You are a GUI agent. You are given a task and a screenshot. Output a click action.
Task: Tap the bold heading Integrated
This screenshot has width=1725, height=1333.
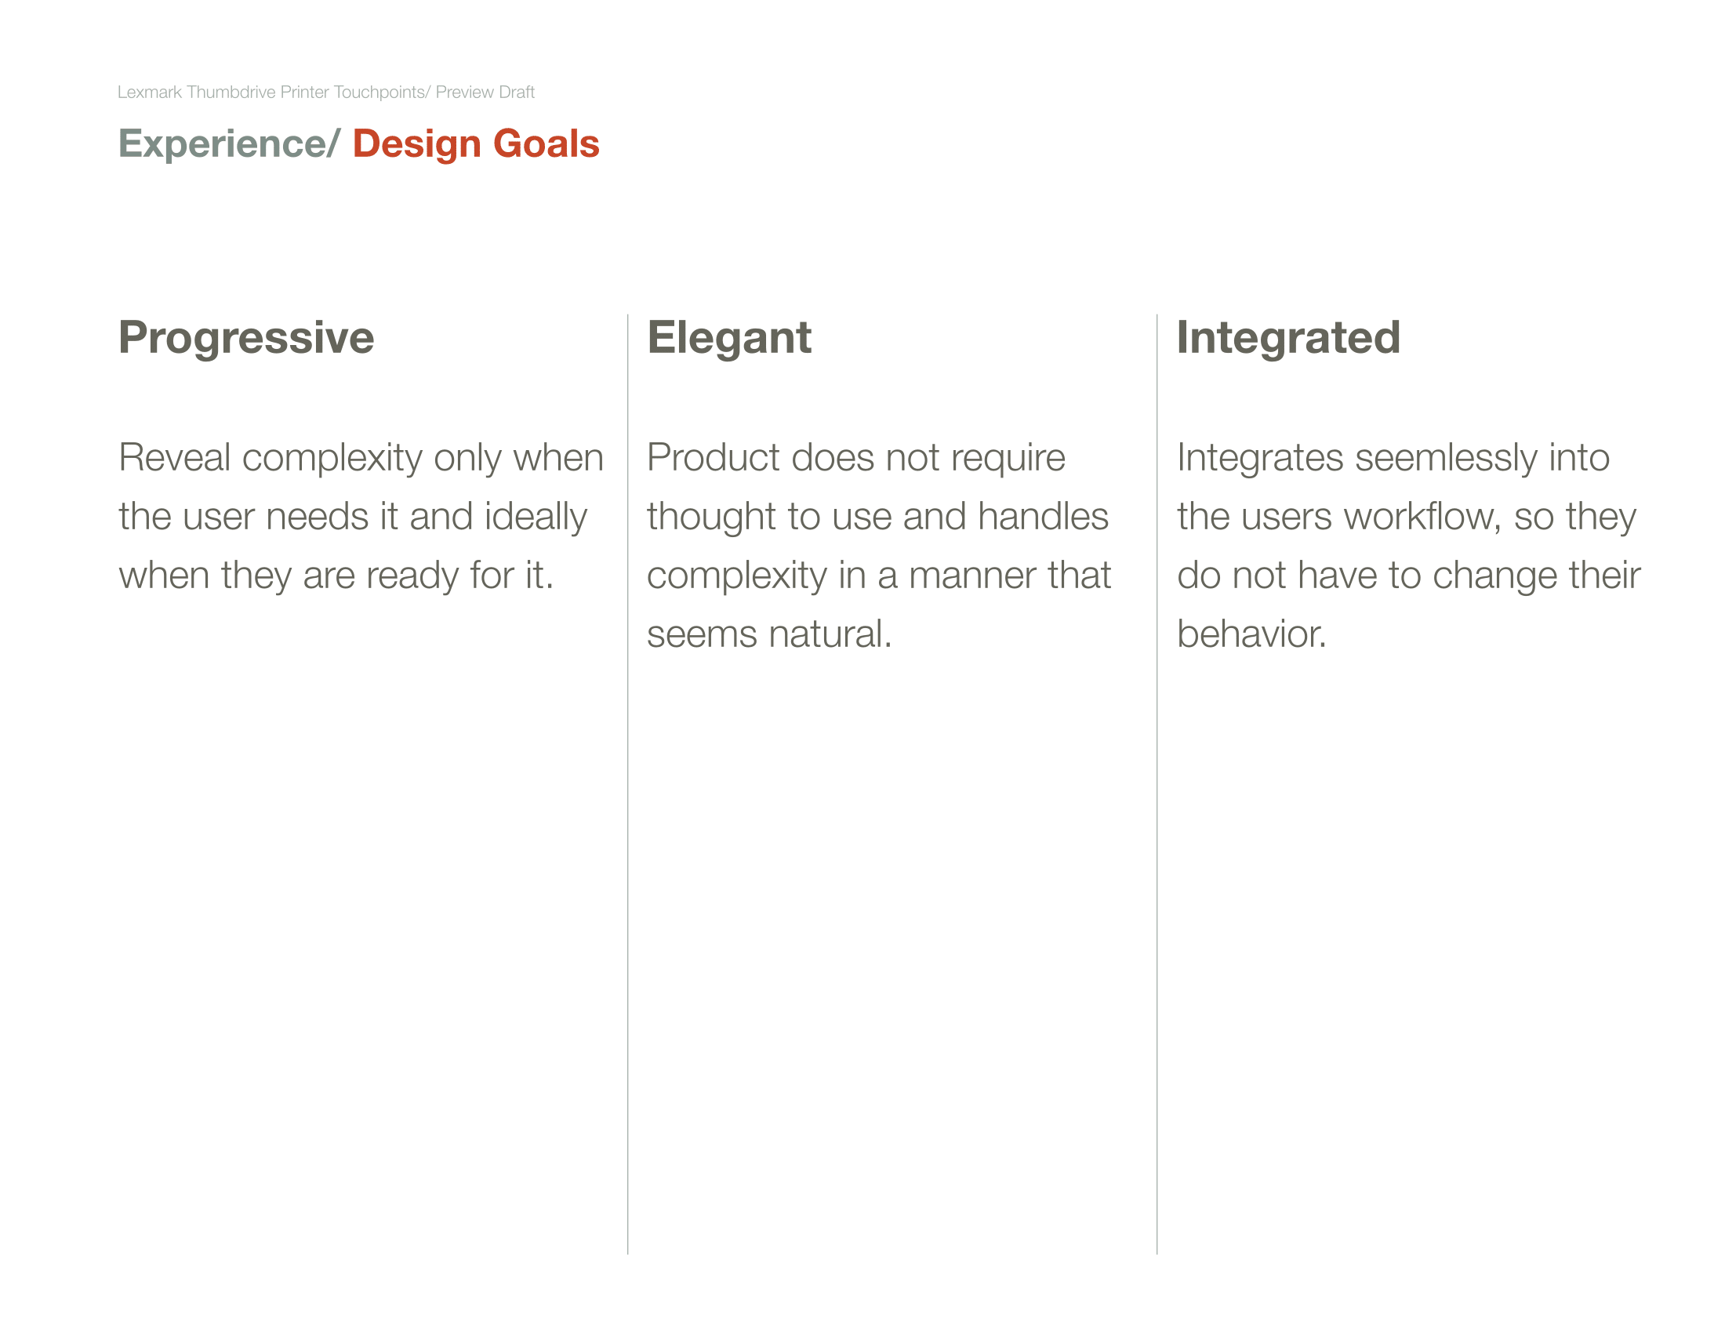[x=1288, y=338]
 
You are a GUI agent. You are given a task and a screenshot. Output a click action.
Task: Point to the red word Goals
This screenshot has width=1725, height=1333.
[x=546, y=143]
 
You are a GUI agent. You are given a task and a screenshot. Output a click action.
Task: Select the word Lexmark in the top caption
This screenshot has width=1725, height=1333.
[x=150, y=93]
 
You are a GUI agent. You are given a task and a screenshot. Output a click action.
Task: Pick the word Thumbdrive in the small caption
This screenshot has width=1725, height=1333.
[x=231, y=93]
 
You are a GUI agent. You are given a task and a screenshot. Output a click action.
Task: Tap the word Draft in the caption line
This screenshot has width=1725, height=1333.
[x=517, y=93]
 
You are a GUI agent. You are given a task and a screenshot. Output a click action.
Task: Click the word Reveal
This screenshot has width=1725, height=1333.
[x=175, y=458]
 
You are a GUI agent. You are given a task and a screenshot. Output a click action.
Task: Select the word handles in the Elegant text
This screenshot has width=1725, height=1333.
[x=1043, y=518]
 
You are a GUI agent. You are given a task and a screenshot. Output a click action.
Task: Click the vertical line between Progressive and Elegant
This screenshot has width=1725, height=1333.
[x=628, y=784]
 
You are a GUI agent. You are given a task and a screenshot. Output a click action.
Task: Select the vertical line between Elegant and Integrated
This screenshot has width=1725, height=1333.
[x=1157, y=784]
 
